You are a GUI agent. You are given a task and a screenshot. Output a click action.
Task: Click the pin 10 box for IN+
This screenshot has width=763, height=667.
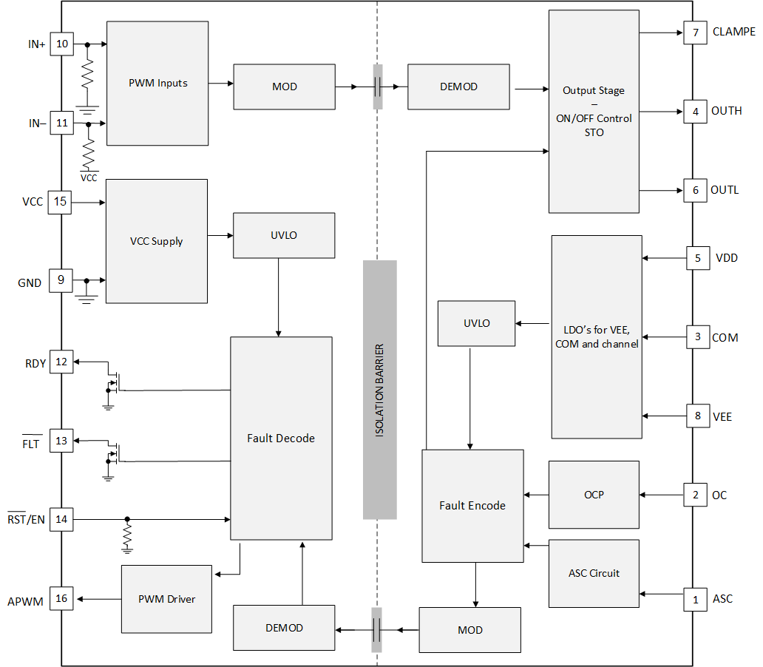coord(61,44)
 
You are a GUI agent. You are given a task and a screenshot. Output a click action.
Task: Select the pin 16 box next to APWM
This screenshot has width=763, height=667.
coord(61,598)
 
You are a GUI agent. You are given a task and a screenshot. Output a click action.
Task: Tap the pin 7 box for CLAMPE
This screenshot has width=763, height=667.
coord(695,33)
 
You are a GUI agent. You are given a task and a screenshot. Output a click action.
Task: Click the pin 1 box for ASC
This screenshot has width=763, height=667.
coord(695,599)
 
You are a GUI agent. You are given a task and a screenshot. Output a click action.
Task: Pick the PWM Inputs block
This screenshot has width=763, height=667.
coord(157,83)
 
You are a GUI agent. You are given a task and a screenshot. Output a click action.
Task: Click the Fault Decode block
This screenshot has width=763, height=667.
coord(281,438)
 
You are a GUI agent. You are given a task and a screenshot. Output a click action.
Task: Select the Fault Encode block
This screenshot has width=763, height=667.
coord(472,506)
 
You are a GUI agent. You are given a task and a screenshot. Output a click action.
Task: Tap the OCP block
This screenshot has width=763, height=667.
coord(594,495)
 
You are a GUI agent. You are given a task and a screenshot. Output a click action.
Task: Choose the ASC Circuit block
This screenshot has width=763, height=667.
coord(594,573)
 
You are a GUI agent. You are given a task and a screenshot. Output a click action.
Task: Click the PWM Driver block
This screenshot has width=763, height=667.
coord(167,599)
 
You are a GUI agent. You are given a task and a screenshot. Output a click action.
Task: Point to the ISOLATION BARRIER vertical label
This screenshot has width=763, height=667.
coord(379,390)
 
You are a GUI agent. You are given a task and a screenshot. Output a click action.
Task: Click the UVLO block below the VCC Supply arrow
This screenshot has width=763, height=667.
coord(284,235)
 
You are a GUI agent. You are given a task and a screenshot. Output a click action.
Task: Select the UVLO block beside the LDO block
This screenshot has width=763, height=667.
coord(476,323)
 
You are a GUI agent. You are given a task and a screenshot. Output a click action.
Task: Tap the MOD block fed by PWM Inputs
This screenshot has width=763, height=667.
coord(284,87)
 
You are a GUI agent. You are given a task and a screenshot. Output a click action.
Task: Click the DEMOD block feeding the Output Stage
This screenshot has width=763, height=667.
coord(458,87)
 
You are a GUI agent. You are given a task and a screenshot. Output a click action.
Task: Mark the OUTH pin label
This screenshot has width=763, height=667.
coord(726,111)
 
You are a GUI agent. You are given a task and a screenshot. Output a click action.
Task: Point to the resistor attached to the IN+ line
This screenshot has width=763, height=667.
coord(88,74)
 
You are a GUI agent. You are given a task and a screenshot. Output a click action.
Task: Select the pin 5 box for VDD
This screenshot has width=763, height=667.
coord(698,258)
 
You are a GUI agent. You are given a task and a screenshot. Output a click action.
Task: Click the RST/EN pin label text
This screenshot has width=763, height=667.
coord(26,520)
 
